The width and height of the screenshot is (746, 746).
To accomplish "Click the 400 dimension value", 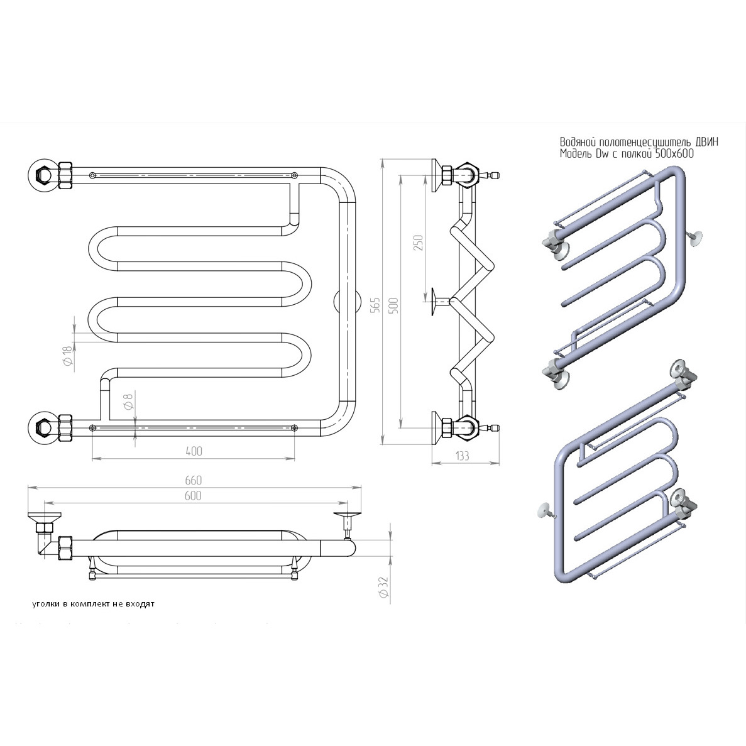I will point(194,451).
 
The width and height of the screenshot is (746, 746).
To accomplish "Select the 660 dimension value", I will point(194,480).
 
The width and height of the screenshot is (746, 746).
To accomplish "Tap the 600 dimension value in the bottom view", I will point(194,496).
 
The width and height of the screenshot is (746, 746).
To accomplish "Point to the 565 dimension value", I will point(375,304).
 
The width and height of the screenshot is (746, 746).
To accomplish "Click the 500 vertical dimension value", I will point(394,304).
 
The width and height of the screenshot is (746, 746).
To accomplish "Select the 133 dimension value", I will point(463,457).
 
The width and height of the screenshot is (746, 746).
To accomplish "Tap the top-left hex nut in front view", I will point(43,173).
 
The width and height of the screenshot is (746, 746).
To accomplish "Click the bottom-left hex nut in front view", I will point(43,428).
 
